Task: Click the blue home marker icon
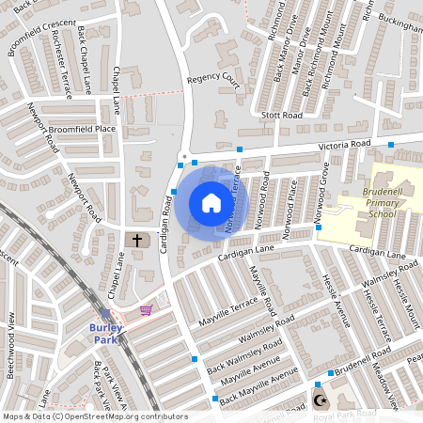tap(211, 203)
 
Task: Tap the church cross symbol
tap(137, 241)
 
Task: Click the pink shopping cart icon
tap(146, 309)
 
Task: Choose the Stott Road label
tap(282, 115)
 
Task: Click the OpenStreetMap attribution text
tap(94, 415)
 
